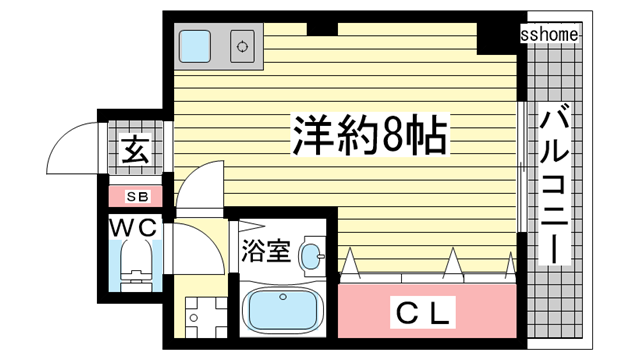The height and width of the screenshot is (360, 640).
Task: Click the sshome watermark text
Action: [549, 35]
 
